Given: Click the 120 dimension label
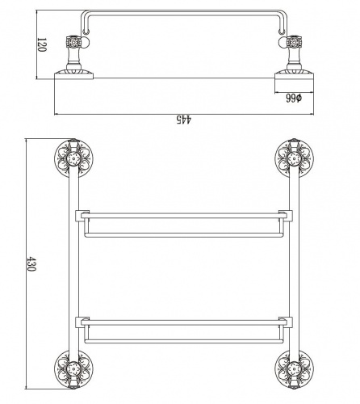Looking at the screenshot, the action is point(42,44).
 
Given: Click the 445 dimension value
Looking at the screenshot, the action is point(184,120).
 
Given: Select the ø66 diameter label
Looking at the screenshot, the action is point(294,98).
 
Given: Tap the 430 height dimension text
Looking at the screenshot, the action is point(31,264).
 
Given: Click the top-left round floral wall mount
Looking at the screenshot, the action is point(73,158).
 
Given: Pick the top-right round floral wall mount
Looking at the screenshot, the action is point(294,158).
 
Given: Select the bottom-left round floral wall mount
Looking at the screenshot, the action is point(73,369).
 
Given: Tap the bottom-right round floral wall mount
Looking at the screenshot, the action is point(294,369).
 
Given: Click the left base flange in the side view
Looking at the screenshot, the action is point(73,75).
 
